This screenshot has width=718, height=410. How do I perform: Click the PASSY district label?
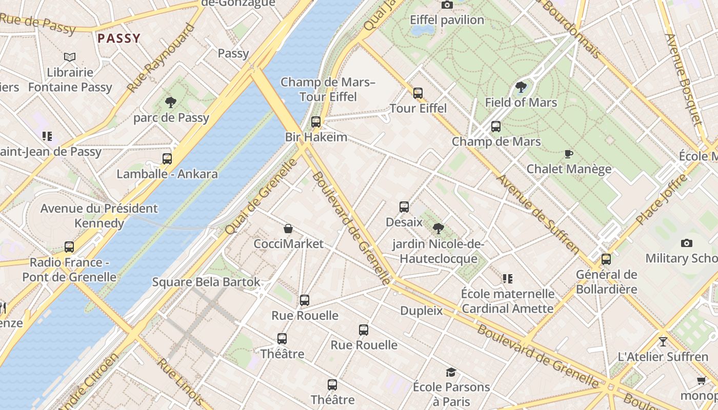point(119,38)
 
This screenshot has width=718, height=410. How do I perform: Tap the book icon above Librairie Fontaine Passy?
point(70,57)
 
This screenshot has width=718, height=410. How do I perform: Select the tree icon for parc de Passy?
point(171,102)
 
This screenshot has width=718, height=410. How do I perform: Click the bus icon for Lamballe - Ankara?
point(167,159)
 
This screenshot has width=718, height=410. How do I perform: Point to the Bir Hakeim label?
point(316,137)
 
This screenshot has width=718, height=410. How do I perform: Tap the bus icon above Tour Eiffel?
point(418,93)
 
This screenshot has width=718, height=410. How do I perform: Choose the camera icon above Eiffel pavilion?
point(447,5)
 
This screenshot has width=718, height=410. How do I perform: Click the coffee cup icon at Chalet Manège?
point(568,154)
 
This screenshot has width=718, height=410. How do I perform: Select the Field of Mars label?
point(521,102)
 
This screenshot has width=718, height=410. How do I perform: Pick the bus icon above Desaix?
point(404,207)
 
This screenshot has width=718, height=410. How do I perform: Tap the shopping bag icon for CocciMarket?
point(288,229)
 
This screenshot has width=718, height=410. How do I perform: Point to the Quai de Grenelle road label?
point(262,196)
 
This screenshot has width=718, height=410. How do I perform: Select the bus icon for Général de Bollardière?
point(606,259)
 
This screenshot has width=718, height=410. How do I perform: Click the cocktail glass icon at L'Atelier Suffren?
point(663,341)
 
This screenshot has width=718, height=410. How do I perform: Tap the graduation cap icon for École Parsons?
point(451,372)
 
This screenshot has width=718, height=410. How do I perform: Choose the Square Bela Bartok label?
point(206,282)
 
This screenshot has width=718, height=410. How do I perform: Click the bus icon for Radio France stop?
point(69,247)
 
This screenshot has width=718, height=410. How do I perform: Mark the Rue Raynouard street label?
point(161,58)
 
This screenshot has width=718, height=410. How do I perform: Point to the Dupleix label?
point(421,311)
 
